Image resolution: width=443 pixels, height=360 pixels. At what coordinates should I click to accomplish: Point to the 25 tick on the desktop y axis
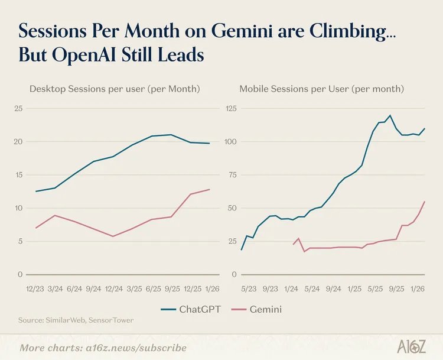coord(18,109)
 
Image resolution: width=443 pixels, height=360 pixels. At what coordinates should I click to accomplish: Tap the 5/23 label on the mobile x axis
coord(249,289)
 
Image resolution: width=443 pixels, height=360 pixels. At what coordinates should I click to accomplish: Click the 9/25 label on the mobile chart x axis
coord(397,289)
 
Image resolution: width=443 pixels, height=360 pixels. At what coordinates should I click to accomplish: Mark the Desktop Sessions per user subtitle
coord(115,89)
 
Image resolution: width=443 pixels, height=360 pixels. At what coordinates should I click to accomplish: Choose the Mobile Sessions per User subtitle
coord(321,89)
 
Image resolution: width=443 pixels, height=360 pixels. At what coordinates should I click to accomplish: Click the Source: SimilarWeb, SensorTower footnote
coord(76,320)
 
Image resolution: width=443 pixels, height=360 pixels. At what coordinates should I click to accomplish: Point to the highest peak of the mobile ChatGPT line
coord(390,115)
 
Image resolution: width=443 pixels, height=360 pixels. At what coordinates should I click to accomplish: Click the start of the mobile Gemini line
coord(293,244)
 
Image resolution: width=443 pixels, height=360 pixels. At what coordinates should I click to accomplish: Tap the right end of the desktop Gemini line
coord(209,189)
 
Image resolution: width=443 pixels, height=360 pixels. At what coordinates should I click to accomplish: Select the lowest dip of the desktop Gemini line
coord(113,236)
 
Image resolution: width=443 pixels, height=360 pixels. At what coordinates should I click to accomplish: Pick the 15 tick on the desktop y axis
coord(18,175)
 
